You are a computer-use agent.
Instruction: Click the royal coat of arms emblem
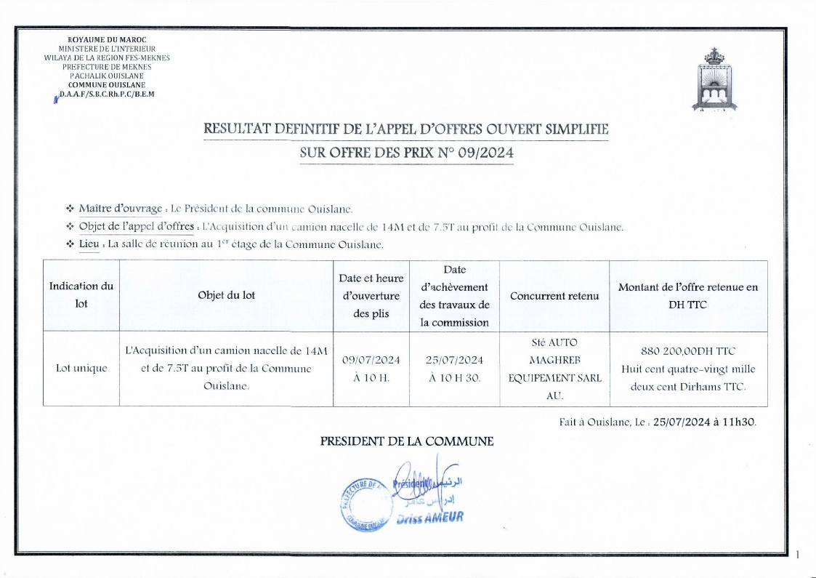(x=714, y=79)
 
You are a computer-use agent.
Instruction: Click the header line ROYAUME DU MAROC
(x=106, y=39)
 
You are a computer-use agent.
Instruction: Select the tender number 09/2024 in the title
(x=486, y=153)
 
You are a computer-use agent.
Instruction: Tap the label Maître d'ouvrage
(x=120, y=209)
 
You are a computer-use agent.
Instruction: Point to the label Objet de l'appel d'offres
(x=136, y=227)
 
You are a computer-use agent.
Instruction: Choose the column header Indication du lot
(x=81, y=295)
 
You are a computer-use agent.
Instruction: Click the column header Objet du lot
(x=226, y=295)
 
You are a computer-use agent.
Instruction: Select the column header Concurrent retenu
(x=554, y=296)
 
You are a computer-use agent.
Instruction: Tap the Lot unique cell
(x=81, y=368)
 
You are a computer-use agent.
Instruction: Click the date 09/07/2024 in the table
(x=371, y=360)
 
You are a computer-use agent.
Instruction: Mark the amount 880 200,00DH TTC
(x=688, y=351)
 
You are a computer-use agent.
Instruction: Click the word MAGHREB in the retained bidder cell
(x=554, y=360)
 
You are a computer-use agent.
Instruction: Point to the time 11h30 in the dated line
(x=740, y=421)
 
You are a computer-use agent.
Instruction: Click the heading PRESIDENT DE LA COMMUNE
(x=407, y=441)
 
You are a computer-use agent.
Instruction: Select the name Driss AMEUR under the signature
(x=429, y=518)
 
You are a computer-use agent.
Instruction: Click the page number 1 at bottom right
(x=798, y=555)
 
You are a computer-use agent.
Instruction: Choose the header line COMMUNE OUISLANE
(x=106, y=84)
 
